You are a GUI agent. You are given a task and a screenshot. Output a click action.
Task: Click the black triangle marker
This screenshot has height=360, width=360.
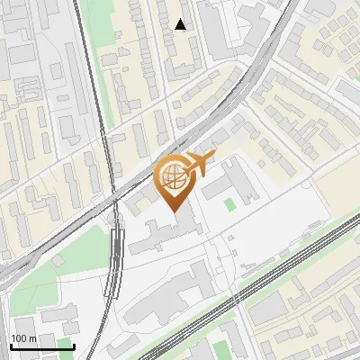pyautogui.click(x=181, y=24)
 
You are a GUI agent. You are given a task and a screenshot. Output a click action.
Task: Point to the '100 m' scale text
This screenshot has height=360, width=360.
pyautogui.click(x=23, y=339)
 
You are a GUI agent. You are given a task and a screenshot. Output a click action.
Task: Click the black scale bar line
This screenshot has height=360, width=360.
pyautogui.click(x=41, y=346)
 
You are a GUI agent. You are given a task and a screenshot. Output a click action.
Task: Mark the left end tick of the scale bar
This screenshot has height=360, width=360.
pyautogui.click(x=10, y=346)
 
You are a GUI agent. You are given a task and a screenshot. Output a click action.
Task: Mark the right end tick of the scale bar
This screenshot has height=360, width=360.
pyautogui.click(x=74, y=346)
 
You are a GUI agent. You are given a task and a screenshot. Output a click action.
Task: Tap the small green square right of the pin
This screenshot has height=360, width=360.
pyautogui.click(x=229, y=204)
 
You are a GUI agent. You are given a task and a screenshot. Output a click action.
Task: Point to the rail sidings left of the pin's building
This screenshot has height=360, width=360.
pyautogui.click(x=113, y=261)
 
